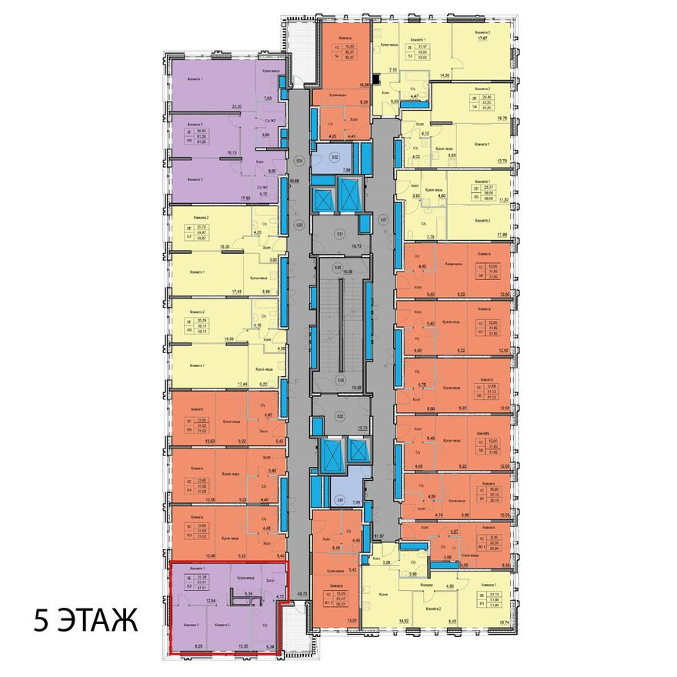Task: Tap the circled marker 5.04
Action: tap(300, 162)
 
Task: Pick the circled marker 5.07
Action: tap(384, 218)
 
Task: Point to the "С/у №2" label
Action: tap(270, 121)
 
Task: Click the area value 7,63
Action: tap(268, 98)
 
